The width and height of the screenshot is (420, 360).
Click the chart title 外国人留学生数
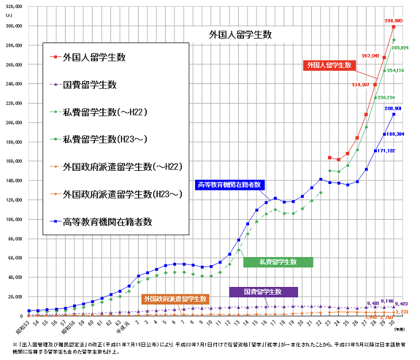[240, 35]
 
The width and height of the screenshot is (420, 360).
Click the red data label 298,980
[394, 21]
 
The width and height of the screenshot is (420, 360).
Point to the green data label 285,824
[400, 48]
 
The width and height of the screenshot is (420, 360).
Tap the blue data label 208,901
[393, 108]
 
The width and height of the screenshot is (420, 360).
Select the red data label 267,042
[371, 56]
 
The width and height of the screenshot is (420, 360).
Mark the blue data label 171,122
[387, 150]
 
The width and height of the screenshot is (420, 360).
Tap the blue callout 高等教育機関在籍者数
[230, 185]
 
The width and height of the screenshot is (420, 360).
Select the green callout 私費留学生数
[278, 262]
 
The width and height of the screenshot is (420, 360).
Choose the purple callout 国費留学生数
[263, 292]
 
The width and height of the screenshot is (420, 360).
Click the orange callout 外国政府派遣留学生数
[175, 299]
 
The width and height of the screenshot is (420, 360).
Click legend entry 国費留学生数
[90, 85]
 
